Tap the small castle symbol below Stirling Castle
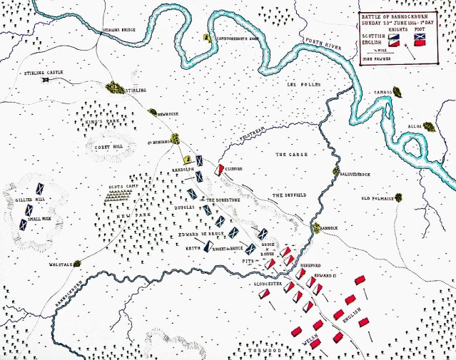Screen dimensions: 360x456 pos(46,79)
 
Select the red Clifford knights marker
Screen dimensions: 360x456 pos(221,170)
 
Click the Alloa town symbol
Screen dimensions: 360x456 pos(430,127)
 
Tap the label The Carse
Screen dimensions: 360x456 pos(290,153)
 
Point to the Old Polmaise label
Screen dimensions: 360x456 pos(378,199)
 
